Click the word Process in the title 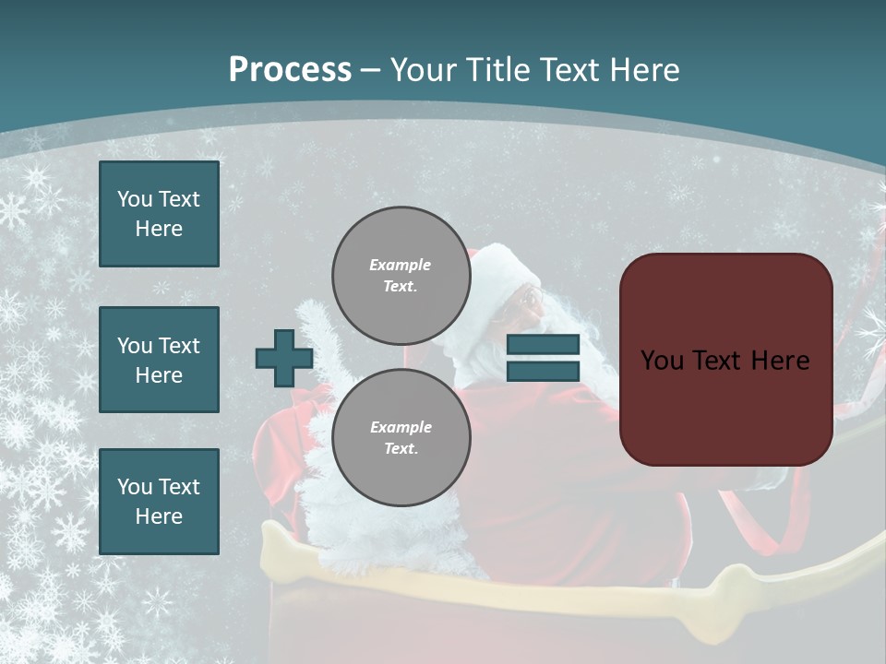click(x=290, y=69)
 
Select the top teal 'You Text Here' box click(x=159, y=214)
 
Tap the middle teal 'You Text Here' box click(x=159, y=360)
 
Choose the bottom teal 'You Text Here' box click(x=159, y=502)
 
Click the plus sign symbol click(x=284, y=359)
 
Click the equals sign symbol click(x=543, y=359)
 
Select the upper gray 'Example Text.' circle click(x=401, y=275)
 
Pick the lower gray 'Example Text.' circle click(x=401, y=437)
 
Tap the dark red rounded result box click(x=725, y=360)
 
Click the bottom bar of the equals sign click(x=543, y=372)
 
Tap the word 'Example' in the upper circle click(x=401, y=265)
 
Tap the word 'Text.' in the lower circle click(x=401, y=448)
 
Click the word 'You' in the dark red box click(x=663, y=360)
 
